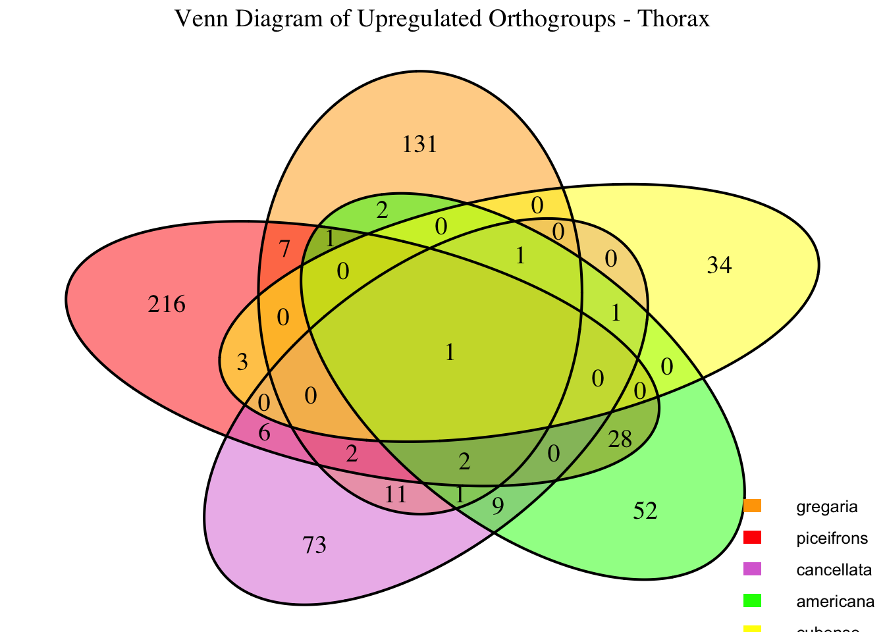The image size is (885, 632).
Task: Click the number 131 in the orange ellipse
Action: [419, 144]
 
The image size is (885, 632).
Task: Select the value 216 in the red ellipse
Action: [167, 305]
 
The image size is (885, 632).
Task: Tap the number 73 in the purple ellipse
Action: [314, 546]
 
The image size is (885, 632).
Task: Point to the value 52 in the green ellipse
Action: [645, 511]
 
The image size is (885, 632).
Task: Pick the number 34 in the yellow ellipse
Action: [718, 266]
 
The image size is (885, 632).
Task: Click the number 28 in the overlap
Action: [620, 439]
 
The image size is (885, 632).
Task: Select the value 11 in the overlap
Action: [396, 494]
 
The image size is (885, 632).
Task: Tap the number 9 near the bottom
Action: [498, 506]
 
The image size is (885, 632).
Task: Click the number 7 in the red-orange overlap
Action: [284, 250]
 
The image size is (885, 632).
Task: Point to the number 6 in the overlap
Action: [264, 433]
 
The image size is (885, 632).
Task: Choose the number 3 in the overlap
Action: [242, 362]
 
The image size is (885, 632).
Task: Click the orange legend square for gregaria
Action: [752, 506]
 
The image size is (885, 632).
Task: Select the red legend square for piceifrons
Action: [752, 538]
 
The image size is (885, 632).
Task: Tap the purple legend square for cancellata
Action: [752, 569]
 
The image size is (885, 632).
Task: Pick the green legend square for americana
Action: [752, 600]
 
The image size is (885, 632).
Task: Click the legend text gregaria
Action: [826, 507]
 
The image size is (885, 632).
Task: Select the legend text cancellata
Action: [834, 569]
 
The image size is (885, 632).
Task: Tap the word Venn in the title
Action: [198, 19]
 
